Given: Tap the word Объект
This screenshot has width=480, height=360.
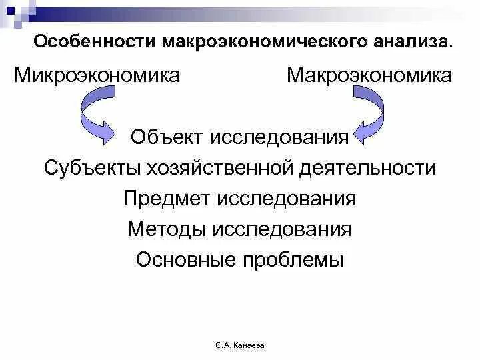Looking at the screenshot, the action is click(168, 137).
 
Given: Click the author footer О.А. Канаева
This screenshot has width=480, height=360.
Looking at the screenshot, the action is click(240, 346).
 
